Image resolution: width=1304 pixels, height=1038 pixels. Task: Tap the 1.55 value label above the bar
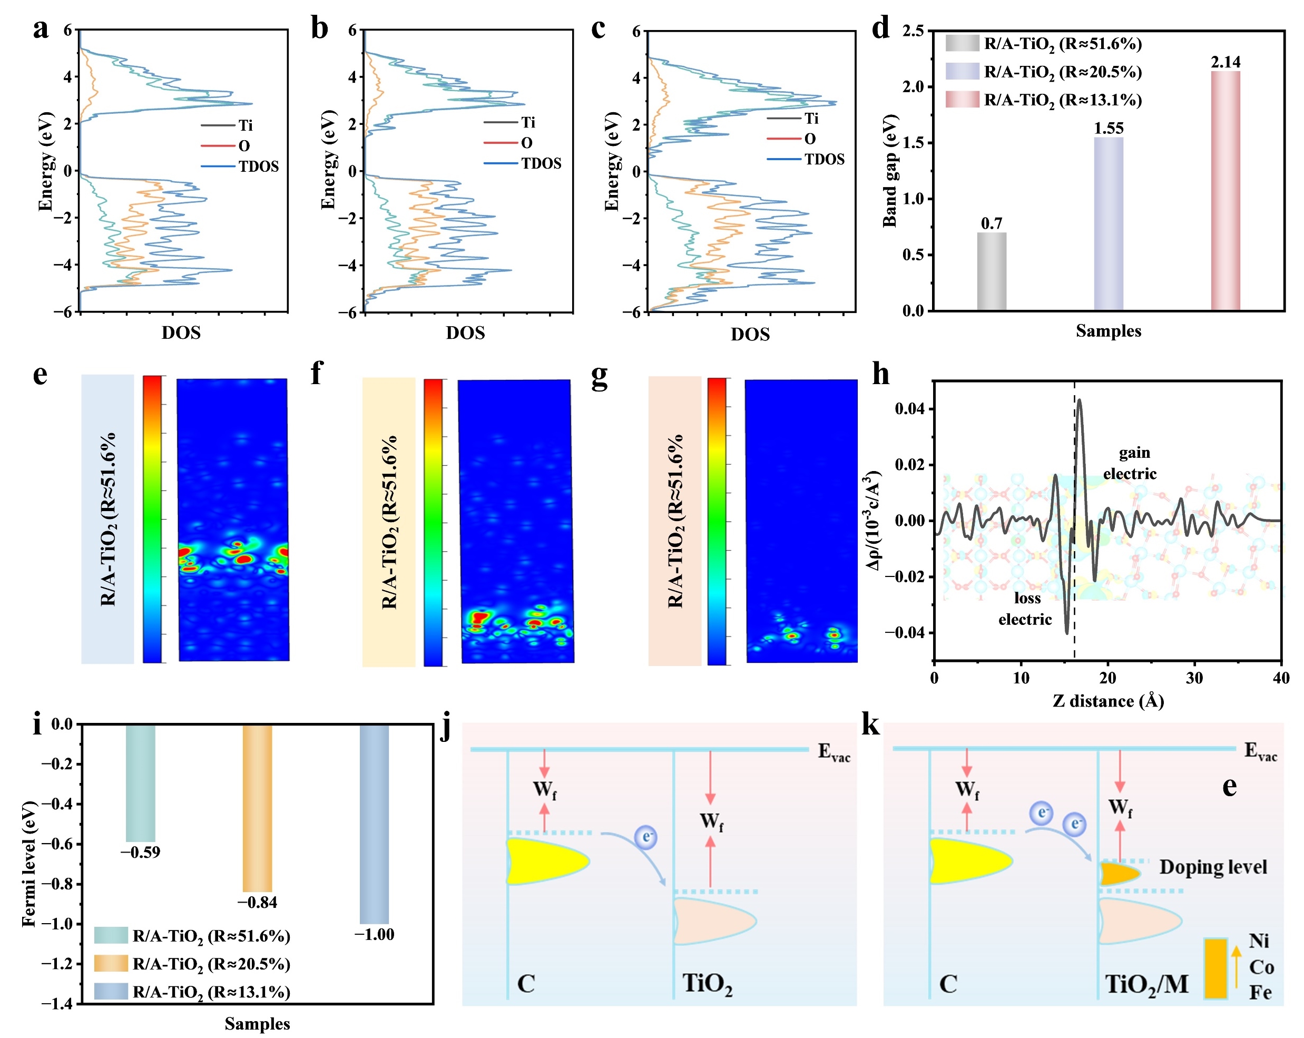1108,128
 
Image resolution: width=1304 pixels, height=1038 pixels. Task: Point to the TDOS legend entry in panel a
240,167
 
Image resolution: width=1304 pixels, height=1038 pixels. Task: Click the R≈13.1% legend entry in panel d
1043,100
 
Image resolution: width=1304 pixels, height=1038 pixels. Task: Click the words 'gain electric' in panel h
1130,463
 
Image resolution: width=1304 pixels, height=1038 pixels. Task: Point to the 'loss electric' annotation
1025,609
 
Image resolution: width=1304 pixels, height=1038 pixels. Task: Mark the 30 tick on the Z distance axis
1194,678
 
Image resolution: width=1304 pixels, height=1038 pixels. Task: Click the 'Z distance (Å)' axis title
1108,701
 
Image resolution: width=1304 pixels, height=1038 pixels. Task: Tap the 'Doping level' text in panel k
1213,867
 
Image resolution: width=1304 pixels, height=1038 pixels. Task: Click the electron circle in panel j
646,837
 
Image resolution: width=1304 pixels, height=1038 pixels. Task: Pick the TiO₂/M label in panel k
1146,984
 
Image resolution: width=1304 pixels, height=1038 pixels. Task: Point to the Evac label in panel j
834,752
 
